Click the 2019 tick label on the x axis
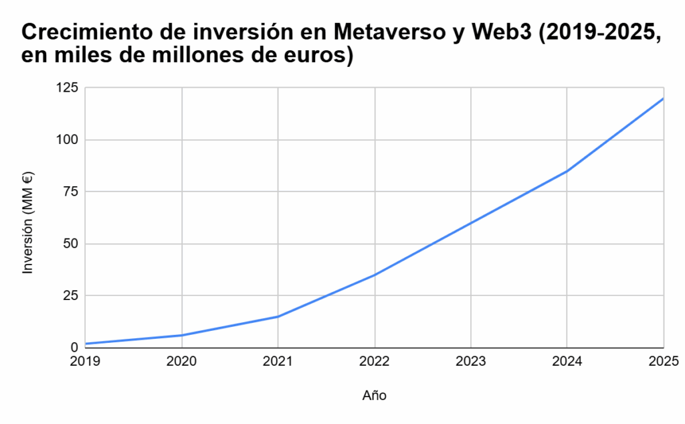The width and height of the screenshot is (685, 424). (85, 362)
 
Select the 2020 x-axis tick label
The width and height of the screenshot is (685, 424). (181, 362)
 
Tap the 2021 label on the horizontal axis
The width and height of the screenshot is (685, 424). (278, 362)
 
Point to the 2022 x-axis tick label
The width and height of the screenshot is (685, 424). (374, 362)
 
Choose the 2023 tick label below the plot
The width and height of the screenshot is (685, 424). (470, 362)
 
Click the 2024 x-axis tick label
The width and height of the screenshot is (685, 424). (567, 362)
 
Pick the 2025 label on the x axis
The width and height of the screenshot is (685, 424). (663, 362)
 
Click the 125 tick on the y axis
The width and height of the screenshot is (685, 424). (67, 88)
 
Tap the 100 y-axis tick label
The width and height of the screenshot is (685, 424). (67, 139)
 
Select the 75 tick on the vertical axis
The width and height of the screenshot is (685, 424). (70, 192)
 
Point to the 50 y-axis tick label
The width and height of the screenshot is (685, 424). (70, 243)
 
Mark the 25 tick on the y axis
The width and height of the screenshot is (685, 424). (70, 295)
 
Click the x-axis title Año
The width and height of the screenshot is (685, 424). (374, 395)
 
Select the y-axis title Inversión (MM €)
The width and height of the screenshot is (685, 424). (28, 222)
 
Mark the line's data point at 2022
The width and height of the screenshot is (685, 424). (375, 275)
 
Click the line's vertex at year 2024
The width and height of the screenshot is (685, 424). (567, 171)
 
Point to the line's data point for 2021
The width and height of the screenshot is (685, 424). (278, 316)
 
